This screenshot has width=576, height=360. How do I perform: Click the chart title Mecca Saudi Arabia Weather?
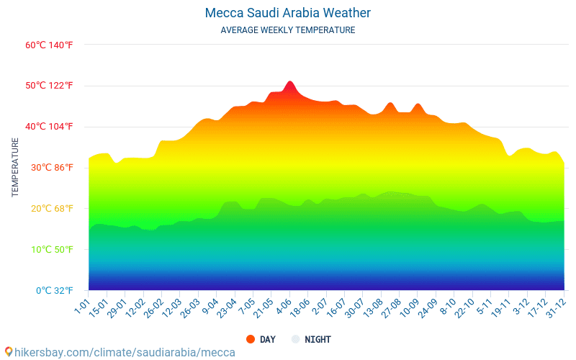click(x=288, y=13)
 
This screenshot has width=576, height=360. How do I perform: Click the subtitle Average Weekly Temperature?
click(x=288, y=30)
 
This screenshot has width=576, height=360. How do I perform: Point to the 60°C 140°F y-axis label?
click(x=49, y=45)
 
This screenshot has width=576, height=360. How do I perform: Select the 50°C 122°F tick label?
click(x=49, y=86)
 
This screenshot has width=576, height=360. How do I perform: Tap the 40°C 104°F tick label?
click(x=49, y=127)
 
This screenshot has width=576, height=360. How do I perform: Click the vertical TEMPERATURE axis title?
click(x=15, y=168)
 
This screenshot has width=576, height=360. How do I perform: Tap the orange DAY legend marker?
click(x=251, y=339)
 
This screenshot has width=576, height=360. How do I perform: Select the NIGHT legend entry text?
click(x=318, y=339)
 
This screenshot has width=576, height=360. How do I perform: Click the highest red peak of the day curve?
click(x=289, y=82)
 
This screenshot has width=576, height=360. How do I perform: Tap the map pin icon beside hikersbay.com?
click(x=9, y=352)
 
